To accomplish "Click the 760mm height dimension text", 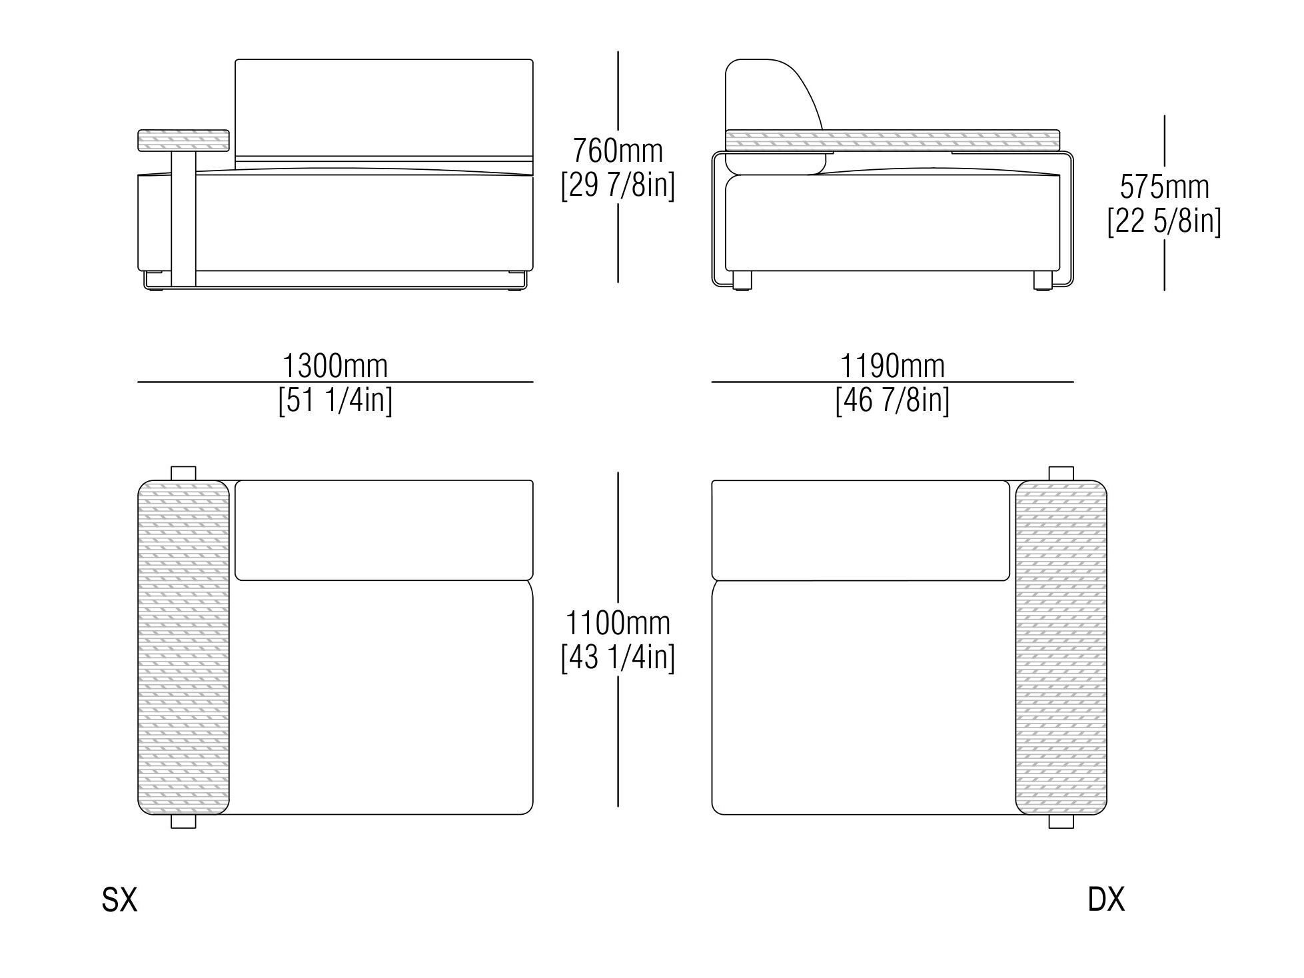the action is (618, 151).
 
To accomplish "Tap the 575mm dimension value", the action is (1164, 187).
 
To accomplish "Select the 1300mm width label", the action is (335, 366).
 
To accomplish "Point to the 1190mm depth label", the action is (892, 366).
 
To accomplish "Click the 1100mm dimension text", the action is (618, 624).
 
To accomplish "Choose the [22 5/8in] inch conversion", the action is (1164, 221).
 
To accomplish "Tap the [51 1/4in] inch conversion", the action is (335, 400).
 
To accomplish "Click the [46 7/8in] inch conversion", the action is (892, 400).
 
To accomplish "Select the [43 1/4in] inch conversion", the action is (618, 658).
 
